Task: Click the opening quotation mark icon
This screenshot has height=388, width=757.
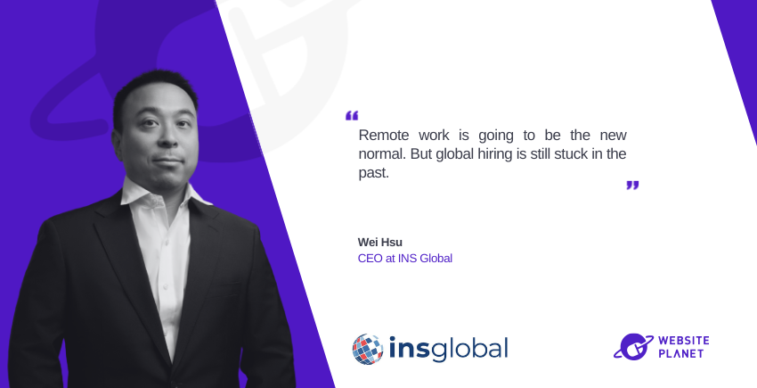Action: (352, 116)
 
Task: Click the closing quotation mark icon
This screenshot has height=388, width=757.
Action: (632, 186)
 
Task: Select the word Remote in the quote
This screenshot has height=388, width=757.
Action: (384, 135)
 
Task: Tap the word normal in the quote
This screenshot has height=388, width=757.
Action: (381, 153)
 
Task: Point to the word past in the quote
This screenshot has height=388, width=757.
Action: (374, 173)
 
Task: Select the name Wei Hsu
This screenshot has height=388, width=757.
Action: (380, 242)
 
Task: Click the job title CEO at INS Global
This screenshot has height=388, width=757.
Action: (405, 259)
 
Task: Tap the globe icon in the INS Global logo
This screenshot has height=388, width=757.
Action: (368, 349)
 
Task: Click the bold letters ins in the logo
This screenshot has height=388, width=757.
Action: (409, 349)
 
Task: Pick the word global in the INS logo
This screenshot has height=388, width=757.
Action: (469, 350)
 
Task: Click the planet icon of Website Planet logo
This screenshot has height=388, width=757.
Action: (633, 346)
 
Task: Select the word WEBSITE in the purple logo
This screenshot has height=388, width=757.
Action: (684, 341)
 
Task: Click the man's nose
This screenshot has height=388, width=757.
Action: (168, 139)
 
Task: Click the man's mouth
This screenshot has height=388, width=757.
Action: (167, 160)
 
